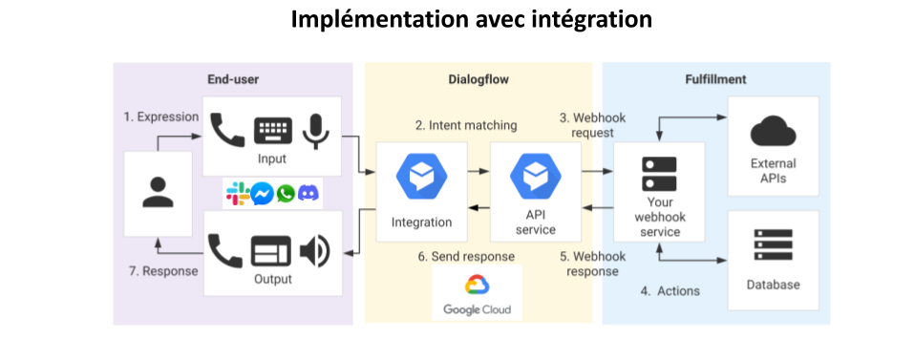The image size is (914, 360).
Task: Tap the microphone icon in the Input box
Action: click(315, 130)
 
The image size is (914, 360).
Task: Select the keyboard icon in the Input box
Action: click(272, 131)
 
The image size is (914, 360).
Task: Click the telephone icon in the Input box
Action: click(227, 131)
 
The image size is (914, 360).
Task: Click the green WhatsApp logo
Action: click(286, 194)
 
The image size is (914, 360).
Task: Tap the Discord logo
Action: click(308, 194)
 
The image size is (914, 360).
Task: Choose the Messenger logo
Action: click(262, 194)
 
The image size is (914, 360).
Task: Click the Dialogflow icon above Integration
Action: click(421, 177)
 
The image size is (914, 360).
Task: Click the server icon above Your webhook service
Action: click(658, 175)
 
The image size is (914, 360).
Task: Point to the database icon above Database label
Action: click(773, 244)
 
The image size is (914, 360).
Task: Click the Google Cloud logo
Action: click(477, 294)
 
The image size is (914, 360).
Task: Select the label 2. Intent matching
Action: click(466, 125)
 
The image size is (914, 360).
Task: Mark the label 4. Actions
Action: click(670, 290)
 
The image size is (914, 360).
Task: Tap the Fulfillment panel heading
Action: click(715, 79)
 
